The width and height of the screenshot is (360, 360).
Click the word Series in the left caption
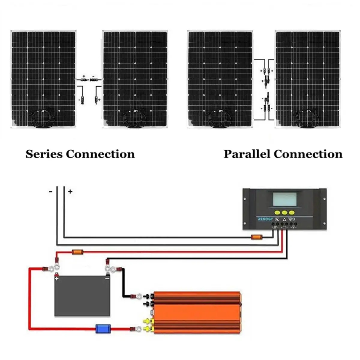[44, 154]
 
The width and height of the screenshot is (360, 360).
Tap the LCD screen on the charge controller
[284, 199]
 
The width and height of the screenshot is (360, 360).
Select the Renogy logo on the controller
[265, 219]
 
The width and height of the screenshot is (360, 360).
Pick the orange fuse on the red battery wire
[77, 252]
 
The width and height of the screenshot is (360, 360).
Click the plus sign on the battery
[57, 278]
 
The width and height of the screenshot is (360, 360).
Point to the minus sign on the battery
[107, 278]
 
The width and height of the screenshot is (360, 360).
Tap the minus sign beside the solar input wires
[50, 191]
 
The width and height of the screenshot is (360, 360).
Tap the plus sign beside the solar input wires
[70, 191]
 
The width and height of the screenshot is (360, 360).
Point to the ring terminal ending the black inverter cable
[139, 296]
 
